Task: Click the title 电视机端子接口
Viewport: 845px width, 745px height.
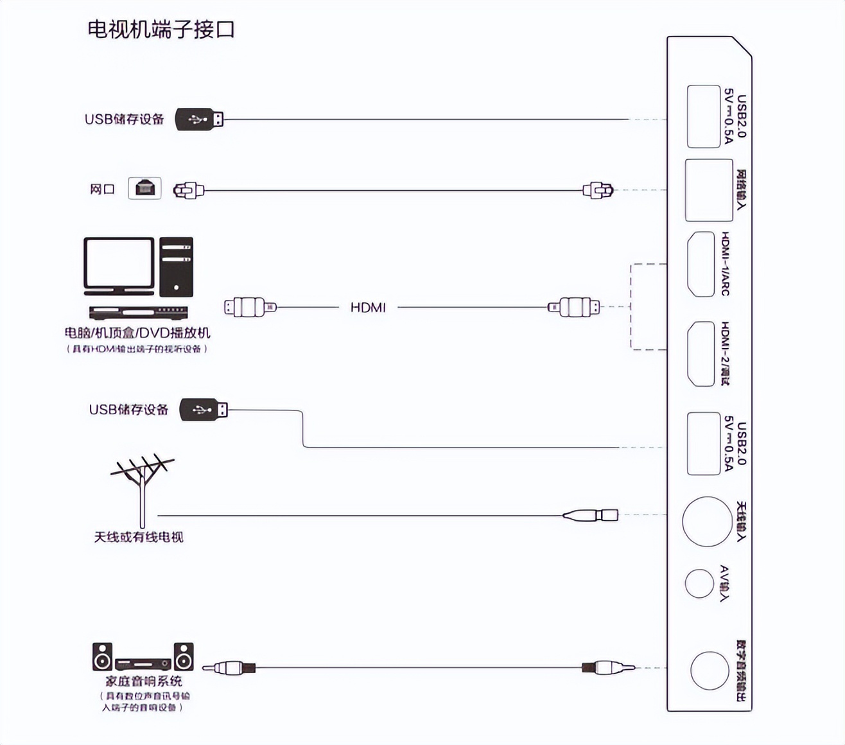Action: (161, 30)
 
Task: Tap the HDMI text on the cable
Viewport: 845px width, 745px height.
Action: (368, 308)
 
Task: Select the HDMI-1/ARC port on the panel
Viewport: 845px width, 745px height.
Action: (701, 264)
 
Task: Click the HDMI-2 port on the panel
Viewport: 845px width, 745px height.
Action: (701, 354)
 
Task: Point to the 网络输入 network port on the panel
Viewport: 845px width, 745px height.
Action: (709, 190)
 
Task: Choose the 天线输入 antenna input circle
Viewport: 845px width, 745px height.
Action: (707, 521)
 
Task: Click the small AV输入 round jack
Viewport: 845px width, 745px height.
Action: (699, 584)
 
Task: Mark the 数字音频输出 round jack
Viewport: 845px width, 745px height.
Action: (710, 670)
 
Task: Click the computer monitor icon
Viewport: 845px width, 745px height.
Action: (119, 267)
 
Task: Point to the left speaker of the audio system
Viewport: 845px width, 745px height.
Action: (102, 657)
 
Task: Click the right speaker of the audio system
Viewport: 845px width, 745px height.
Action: (184, 657)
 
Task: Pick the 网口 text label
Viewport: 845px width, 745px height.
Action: (101, 189)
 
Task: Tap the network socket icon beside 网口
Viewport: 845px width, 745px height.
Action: (144, 188)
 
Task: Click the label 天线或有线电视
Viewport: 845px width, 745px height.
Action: (139, 537)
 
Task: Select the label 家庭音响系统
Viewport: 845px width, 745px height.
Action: (143, 681)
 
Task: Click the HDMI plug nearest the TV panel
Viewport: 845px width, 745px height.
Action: (575, 307)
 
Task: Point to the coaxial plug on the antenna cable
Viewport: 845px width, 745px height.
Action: (591, 515)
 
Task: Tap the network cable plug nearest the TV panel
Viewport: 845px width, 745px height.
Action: (598, 190)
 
